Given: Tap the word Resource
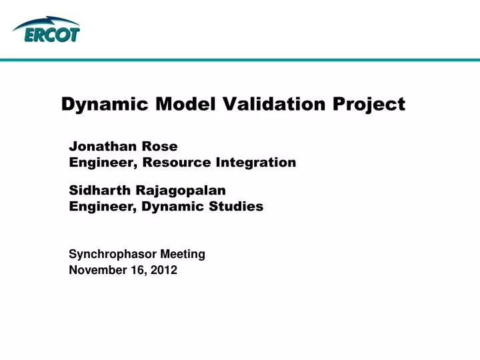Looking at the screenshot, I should (176, 162).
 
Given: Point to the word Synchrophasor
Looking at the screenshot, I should (109, 254).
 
